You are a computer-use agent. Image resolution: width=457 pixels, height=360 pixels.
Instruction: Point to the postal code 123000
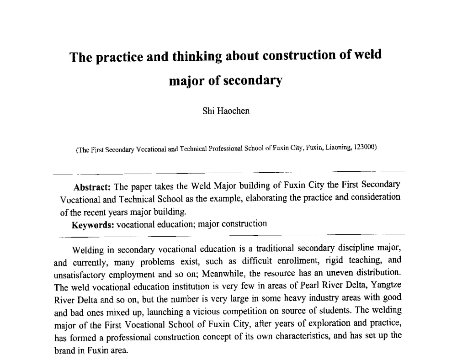[364, 147]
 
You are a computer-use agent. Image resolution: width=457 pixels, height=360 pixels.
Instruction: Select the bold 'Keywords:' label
[93, 225]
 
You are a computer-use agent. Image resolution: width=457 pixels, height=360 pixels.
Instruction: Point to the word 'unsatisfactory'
[80, 275]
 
